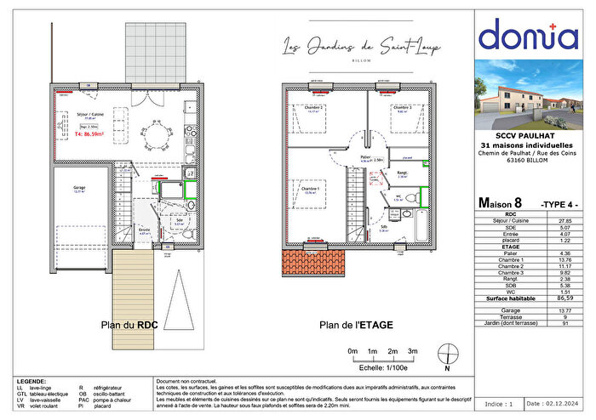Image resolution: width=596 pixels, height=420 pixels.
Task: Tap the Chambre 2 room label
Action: pyautogui.click(x=314, y=109)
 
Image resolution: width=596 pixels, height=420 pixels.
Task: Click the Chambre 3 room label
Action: pyautogui.click(x=402, y=109)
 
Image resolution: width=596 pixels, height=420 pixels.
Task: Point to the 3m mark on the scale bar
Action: pyautogui.click(x=412, y=351)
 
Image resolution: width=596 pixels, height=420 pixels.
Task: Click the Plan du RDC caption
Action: pyautogui.click(x=129, y=324)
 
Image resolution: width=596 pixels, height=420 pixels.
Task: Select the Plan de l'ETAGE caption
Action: pyautogui.click(x=349, y=324)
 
